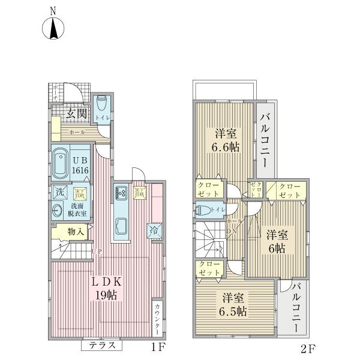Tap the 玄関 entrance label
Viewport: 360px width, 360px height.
coord(76,112)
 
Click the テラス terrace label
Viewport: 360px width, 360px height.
coord(102,345)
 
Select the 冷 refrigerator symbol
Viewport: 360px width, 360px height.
coord(154,229)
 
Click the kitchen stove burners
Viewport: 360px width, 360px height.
coord(119,193)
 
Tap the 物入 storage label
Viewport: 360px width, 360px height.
coord(75,232)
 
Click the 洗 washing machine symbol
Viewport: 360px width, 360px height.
coord(59,193)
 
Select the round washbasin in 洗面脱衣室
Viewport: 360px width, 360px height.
coord(58,211)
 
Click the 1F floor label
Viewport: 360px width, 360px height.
coord(158,346)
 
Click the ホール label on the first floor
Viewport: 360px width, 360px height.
coord(77,131)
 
